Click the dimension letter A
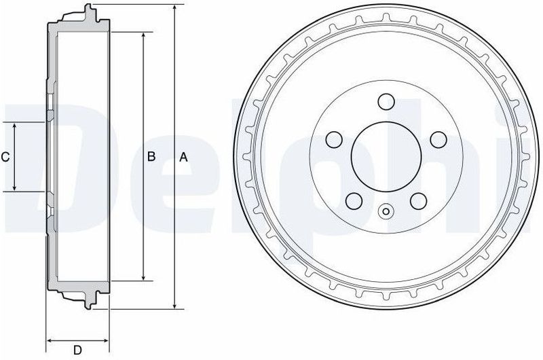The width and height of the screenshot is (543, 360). tap(182, 157)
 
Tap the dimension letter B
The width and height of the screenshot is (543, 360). tap(152, 157)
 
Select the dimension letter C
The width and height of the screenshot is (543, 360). tap(5, 157)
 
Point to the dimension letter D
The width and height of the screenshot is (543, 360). tap(77, 350)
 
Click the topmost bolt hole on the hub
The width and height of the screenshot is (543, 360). tap(385, 101)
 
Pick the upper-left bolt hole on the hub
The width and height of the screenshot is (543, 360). tap(334, 139)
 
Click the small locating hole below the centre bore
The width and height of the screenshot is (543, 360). tap(386, 211)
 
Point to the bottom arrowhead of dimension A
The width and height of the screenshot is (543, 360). tap(175, 306)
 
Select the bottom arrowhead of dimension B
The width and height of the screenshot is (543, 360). tap(143, 278)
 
